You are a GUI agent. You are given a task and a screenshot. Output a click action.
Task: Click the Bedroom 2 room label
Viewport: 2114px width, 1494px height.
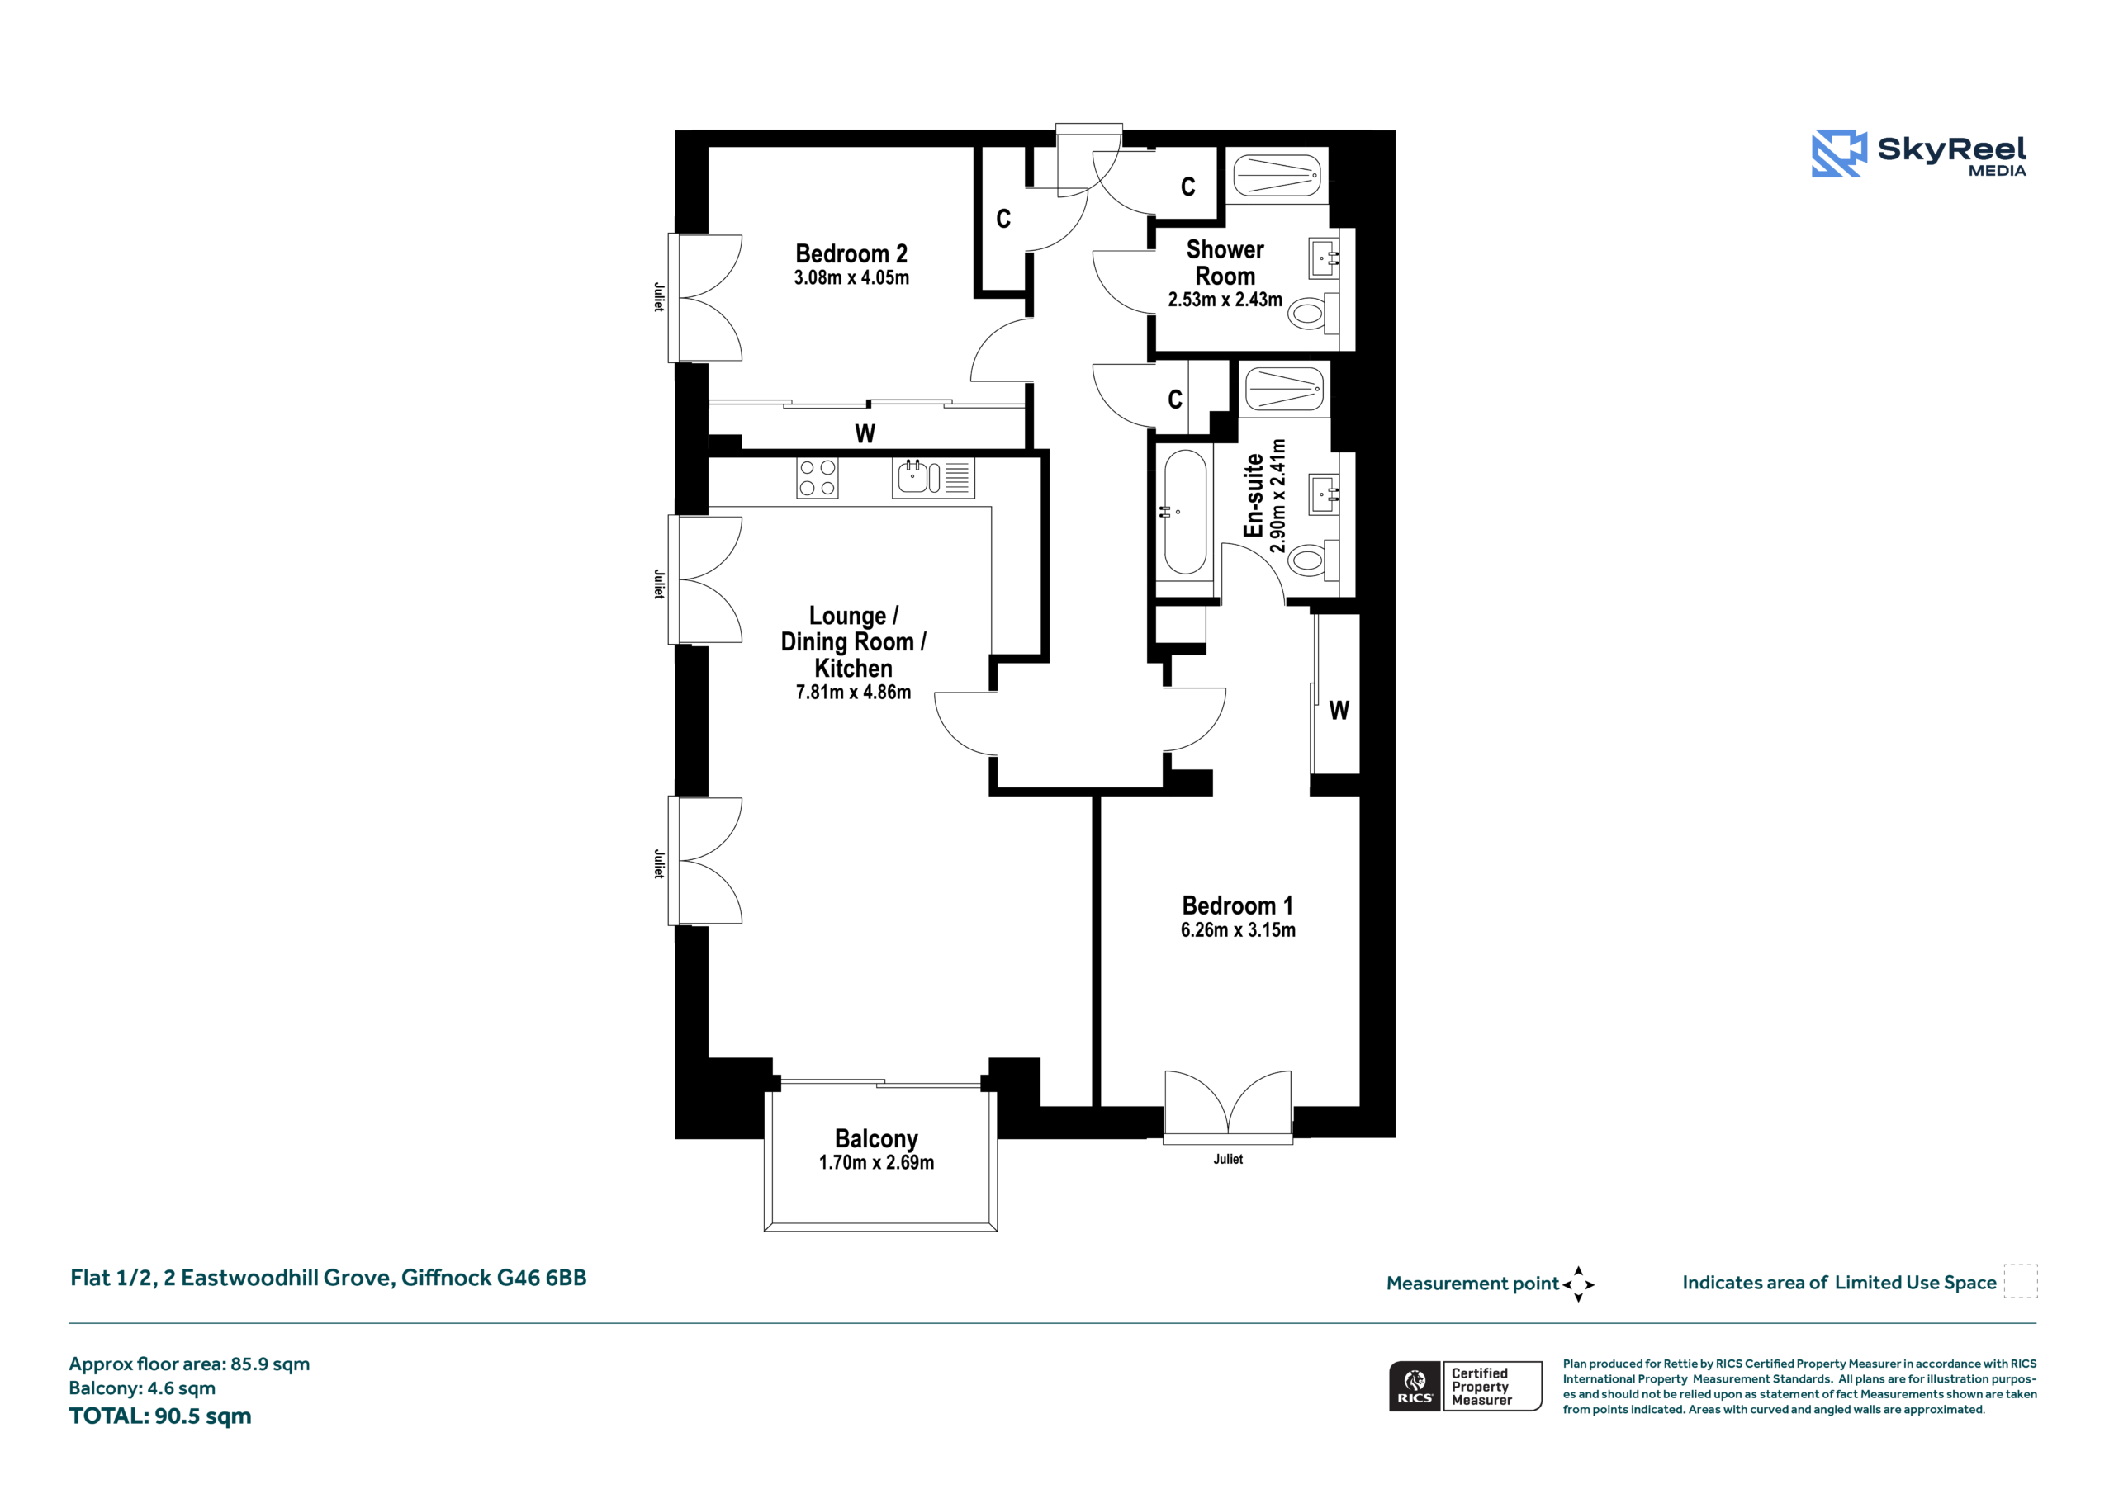click(851, 253)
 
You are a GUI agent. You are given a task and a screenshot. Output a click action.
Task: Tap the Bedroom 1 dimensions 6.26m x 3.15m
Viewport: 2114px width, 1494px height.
click(1238, 930)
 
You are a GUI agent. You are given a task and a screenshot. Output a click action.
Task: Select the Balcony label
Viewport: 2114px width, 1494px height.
click(875, 1140)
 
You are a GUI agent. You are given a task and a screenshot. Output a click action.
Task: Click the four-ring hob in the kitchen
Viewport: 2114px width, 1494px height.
click(817, 478)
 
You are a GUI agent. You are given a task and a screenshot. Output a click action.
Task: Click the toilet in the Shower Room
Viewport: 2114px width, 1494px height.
click(1311, 313)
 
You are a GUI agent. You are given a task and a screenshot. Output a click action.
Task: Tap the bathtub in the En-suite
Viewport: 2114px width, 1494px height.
click(1185, 512)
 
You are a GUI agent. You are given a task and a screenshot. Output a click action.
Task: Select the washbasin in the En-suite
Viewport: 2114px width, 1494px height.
click(1324, 495)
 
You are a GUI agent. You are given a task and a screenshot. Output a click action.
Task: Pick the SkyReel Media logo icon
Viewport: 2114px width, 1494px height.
click(1839, 153)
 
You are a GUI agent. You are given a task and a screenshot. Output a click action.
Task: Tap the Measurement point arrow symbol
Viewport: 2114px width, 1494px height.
click(1577, 1284)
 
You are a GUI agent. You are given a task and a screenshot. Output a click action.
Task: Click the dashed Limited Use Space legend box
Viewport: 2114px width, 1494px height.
click(2020, 1281)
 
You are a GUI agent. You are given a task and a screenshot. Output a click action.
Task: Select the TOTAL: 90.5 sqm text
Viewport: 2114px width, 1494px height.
click(160, 1416)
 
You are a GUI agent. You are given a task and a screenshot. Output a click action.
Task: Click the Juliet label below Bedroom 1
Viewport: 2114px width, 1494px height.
click(1227, 1159)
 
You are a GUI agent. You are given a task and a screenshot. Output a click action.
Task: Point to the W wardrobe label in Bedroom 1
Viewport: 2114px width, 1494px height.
click(1339, 711)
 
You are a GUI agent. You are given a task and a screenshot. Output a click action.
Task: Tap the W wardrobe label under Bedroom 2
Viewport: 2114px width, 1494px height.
click(865, 433)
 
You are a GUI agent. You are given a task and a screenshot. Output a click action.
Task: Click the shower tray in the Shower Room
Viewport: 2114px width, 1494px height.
click(1275, 175)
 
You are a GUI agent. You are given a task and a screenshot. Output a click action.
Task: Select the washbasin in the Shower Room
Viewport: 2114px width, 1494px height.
click(1324, 258)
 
